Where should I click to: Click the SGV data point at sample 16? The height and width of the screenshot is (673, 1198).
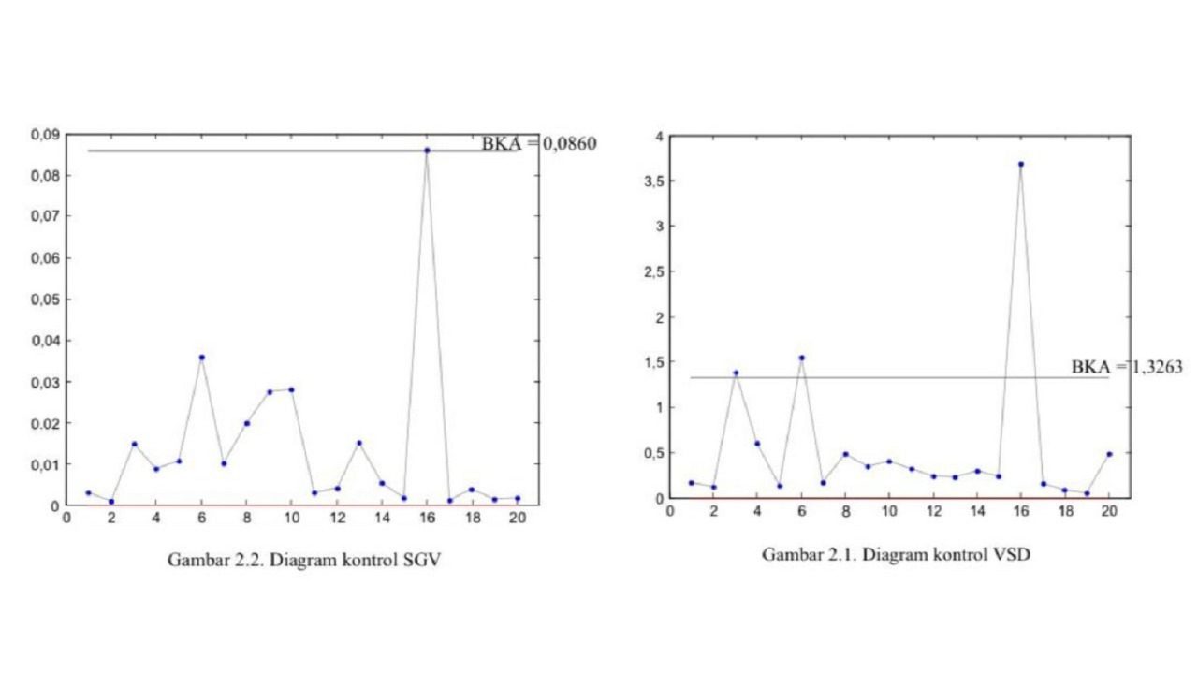click(x=427, y=150)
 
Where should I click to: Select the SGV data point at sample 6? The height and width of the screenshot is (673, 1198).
click(x=201, y=357)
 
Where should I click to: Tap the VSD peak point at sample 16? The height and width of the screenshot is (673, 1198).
click(x=1020, y=164)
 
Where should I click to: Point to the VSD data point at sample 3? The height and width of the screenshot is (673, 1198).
click(x=736, y=373)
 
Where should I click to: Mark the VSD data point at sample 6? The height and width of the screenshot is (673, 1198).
click(x=801, y=358)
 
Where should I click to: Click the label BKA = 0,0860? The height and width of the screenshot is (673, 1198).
click(x=538, y=144)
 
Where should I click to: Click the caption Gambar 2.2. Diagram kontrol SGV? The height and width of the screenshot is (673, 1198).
click(x=303, y=560)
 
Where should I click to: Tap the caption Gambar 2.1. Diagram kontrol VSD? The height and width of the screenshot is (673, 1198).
click(x=897, y=554)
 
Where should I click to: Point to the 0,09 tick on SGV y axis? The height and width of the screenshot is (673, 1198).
click(x=44, y=135)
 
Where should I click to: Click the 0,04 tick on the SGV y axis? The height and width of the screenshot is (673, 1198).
click(x=44, y=341)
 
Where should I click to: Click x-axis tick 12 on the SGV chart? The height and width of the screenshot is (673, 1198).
click(x=337, y=516)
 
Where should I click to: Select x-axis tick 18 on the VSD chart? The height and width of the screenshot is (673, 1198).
click(x=1064, y=511)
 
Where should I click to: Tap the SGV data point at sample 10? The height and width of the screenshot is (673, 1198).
click(x=291, y=389)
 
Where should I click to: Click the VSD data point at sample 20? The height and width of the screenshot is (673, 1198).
click(x=1109, y=454)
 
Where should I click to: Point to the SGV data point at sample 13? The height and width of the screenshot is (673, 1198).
click(x=358, y=443)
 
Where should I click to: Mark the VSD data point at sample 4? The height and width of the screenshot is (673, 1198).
click(x=757, y=444)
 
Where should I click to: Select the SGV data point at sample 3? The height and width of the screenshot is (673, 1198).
click(x=134, y=444)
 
